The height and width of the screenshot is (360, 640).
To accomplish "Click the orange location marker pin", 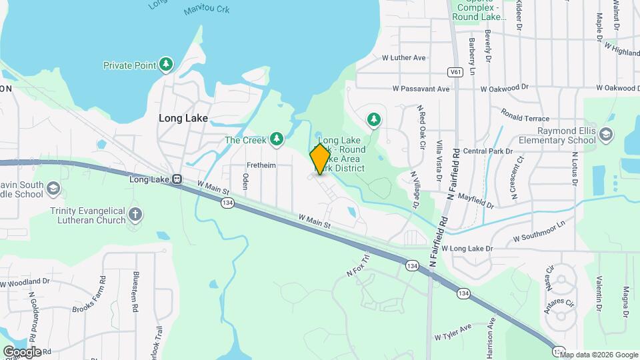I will (319, 159).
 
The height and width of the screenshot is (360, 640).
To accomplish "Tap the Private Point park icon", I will (166, 65).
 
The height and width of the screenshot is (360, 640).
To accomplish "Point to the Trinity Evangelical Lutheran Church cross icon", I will (135, 215).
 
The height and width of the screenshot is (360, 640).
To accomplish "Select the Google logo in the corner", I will (22, 351).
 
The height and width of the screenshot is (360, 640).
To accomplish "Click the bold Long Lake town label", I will (183, 118).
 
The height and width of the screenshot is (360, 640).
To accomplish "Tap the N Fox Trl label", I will (357, 265).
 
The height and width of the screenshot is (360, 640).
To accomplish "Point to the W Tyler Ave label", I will (453, 331).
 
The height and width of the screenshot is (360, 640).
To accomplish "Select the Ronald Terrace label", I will (525, 114).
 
